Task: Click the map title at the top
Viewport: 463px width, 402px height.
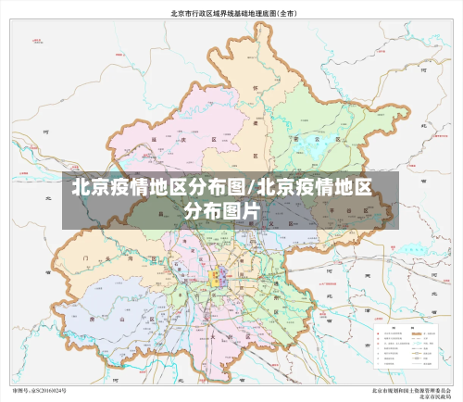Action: click(231, 14)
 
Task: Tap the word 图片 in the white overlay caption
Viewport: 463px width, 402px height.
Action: click(244, 211)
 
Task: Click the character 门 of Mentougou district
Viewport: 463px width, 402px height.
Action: click(84, 250)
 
